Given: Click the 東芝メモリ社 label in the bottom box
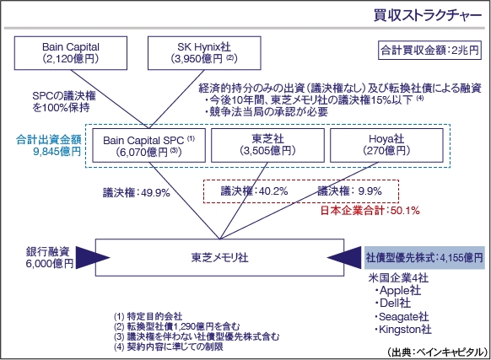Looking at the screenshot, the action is click(220, 258).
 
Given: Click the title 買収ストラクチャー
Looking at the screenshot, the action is click(428, 15).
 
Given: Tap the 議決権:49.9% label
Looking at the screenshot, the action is click(137, 192).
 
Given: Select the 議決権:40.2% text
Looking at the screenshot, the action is click(254, 191).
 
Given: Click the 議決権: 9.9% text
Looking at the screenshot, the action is click(350, 191).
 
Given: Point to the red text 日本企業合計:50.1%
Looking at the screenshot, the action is click(370, 211).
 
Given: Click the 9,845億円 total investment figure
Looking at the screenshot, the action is click(57, 152).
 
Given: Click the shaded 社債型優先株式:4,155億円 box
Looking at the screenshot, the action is click(424, 258).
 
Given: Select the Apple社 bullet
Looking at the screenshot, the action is click(397, 291).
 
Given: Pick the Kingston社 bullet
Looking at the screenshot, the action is click(403, 330).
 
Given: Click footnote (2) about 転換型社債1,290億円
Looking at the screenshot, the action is click(177, 326).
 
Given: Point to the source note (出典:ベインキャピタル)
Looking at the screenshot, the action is click(438, 352).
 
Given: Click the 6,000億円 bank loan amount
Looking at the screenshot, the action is click(50, 264).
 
